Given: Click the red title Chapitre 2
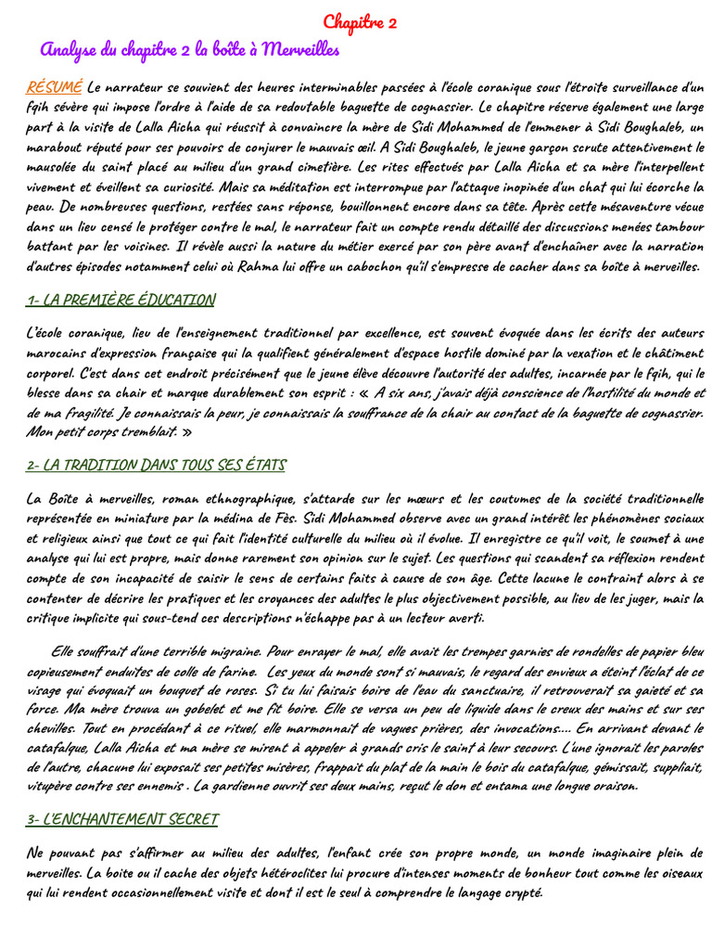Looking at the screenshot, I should tap(361, 23).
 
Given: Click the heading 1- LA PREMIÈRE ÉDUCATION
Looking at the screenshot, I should tap(121, 300).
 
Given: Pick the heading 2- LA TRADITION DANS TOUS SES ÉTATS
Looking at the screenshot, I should tap(156, 465).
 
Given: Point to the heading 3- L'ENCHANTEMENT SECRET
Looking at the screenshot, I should tap(122, 819).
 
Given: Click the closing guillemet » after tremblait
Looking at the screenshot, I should tap(186, 432).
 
